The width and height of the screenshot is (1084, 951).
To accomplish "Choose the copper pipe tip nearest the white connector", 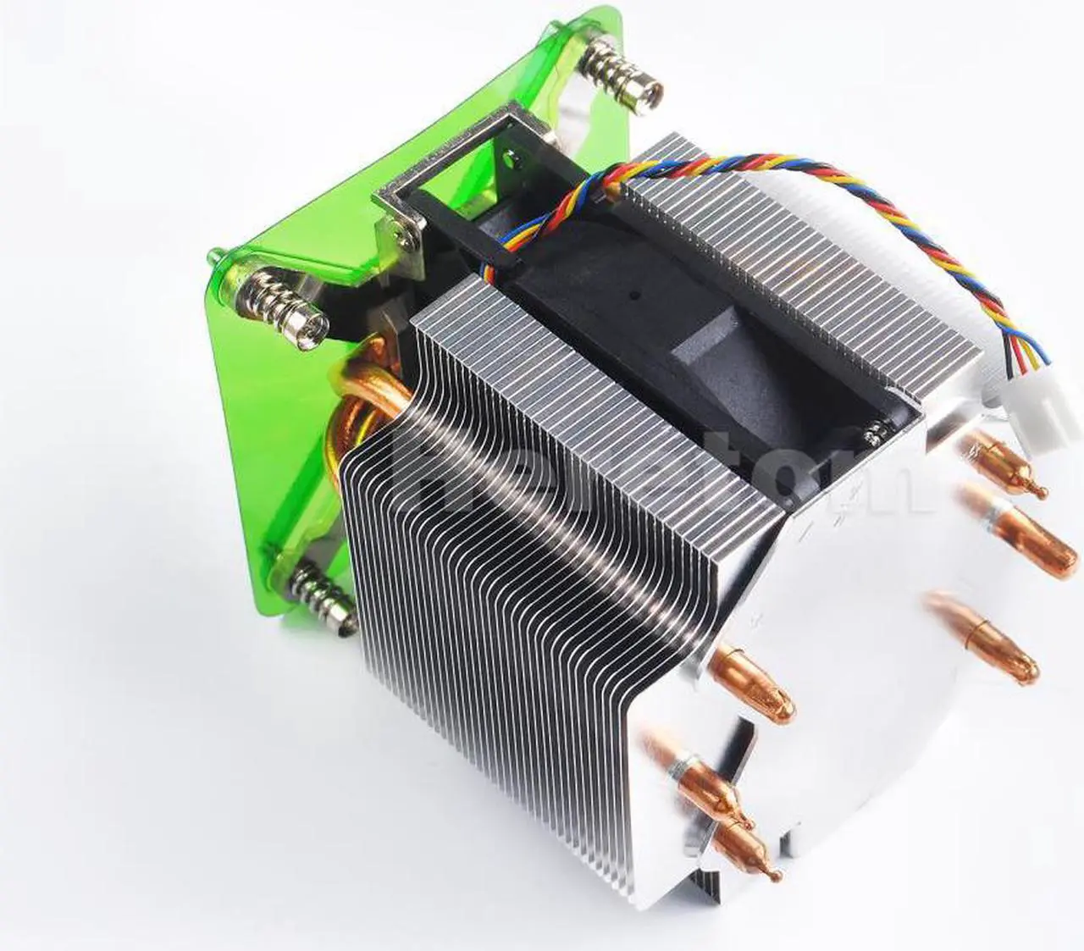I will [x=1012, y=466].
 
